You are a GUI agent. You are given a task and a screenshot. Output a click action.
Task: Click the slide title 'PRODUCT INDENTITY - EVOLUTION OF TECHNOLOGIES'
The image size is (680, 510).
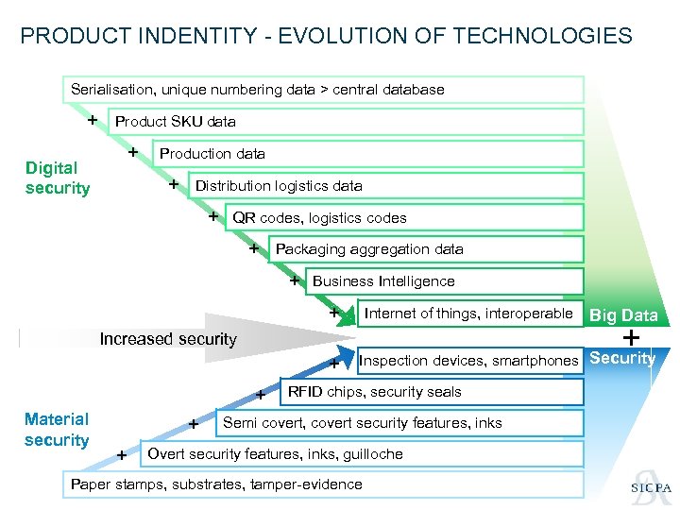coord(326,37)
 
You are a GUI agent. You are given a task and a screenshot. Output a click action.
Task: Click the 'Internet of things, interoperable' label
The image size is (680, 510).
coord(468,314)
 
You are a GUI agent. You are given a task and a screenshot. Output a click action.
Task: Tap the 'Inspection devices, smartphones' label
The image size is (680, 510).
coord(468,360)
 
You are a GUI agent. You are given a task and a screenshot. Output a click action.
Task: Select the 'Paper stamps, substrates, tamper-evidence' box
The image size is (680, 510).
coord(217,484)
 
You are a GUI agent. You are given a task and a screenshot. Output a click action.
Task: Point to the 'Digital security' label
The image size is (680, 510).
coord(58,178)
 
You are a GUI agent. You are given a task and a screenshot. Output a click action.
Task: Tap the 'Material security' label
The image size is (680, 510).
coord(57,430)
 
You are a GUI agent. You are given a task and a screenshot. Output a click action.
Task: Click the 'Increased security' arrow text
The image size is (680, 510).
coord(168,339)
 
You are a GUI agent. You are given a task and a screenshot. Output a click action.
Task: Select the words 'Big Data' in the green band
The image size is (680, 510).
coord(623,315)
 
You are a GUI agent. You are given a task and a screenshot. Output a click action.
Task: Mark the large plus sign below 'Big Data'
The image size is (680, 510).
coord(631,337)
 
